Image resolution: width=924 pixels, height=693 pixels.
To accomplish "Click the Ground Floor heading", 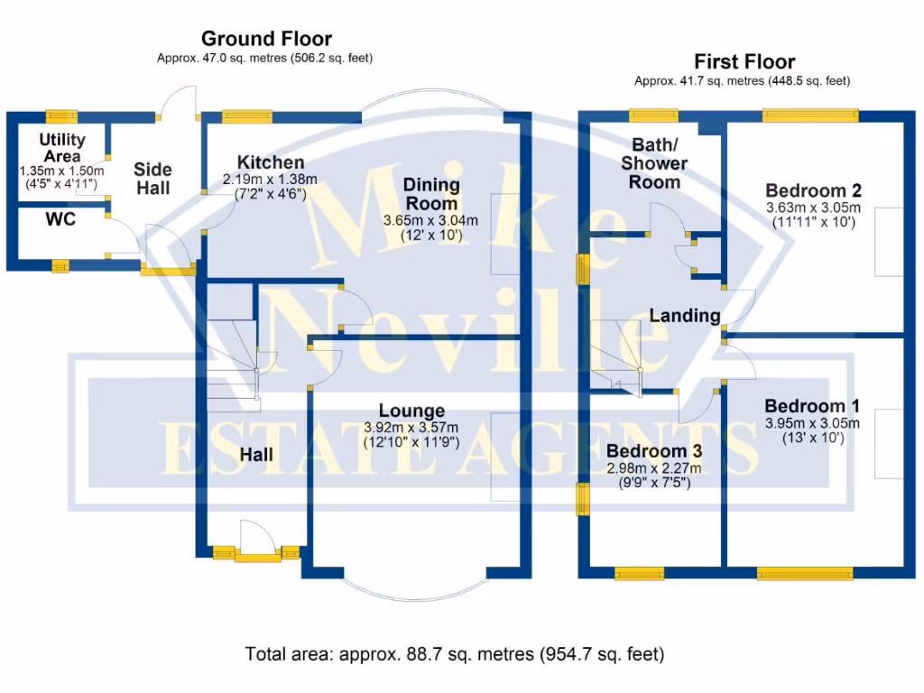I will pyautogui.click(x=266, y=39).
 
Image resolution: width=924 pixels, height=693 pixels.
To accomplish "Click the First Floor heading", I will pyautogui.click(x=744, y=62).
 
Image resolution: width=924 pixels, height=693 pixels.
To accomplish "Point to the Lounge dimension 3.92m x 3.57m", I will pyautogui.click(x=411, y=427).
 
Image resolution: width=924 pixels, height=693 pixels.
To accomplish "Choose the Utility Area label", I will pyautogui.click(x=62, y=148).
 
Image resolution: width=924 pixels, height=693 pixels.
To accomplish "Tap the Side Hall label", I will pyautogui.click(x=152, y=179).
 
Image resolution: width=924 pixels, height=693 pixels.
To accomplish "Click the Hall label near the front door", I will pyautogui.click(x=257, y=456).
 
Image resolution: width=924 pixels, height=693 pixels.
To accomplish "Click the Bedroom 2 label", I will pyautogui.click(x=813, y=190).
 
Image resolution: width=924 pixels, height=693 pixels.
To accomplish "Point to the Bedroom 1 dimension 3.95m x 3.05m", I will pyautogui.click(x=812, y=423).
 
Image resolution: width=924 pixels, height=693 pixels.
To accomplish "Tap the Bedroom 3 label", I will pyautogui.click(x=654, y=451).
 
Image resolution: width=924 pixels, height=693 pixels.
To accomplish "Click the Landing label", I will pyautogui.click(x=685, y=316).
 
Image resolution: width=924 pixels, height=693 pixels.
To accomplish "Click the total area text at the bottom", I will pyautogui.click(x=455, y=653).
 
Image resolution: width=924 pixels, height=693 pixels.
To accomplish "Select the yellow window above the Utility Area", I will pyautogui.click(x=62, y=115).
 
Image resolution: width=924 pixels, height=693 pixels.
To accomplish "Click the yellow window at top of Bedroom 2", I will pyautogui.click(x=810, y=115).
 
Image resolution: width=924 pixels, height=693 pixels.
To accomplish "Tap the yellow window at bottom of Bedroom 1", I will pyautogui.click(x=804, y=573).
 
